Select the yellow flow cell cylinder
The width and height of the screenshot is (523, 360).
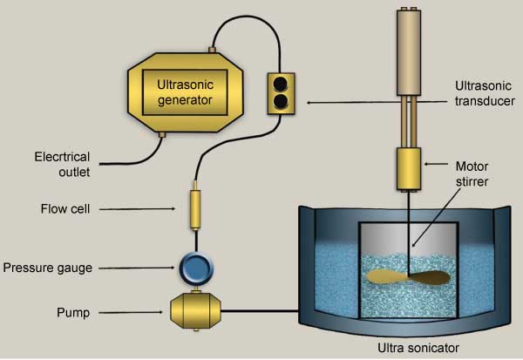(x=195, y=209)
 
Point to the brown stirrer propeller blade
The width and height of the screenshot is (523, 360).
(x=409, y=278)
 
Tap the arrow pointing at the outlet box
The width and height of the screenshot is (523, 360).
(x=375, y=102)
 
